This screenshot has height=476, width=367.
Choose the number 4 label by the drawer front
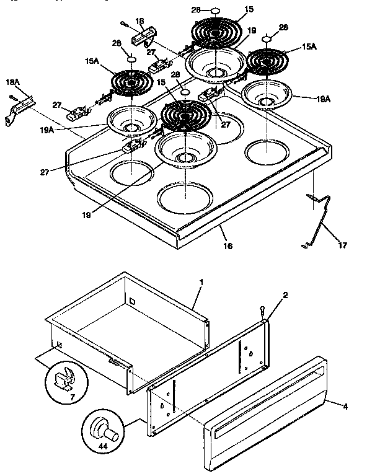pos(345,407)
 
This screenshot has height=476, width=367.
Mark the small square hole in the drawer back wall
pos(131,302)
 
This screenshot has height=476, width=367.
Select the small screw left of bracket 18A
pos(11,97)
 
